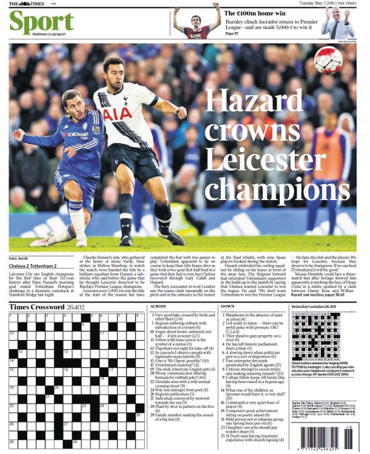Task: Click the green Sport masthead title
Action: (x=41, y=22)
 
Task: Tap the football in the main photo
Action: (x=327, y=60)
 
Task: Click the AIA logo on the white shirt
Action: (x=117, y=115)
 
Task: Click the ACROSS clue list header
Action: (x=158, y=306)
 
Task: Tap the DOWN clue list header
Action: (x=227, y=306)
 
